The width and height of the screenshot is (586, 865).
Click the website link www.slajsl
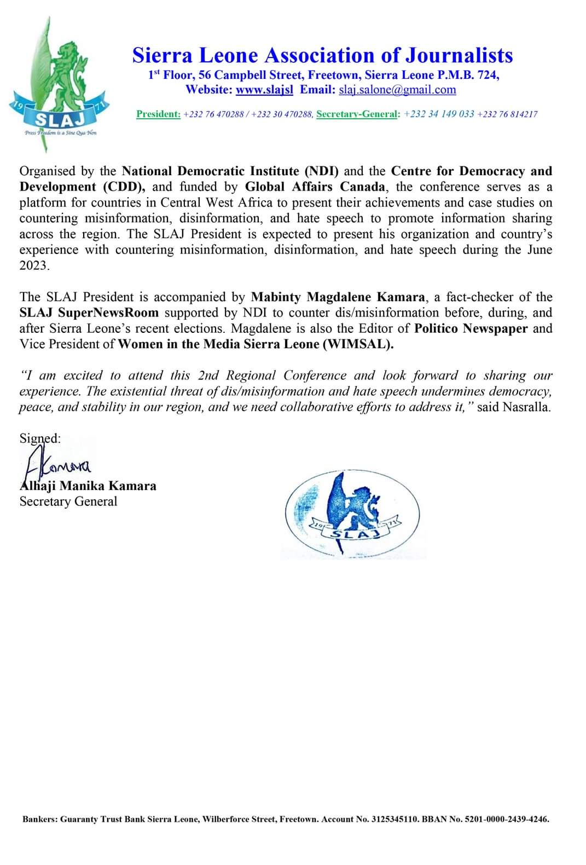pos(264,90)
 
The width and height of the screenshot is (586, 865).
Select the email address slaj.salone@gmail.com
pos(397,90)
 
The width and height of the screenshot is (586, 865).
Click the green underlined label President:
pos(158,114)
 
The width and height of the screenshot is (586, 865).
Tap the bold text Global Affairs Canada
pos(315,187)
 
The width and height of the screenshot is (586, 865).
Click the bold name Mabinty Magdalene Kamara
pos(338,297)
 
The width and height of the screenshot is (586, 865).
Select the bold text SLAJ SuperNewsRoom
pos(89,313)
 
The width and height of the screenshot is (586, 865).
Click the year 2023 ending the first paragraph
pos(34,266)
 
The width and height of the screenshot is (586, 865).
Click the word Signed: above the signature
pos(40,438)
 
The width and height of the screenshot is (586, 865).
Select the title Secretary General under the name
pos(68,501)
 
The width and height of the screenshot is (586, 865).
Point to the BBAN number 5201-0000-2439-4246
pos(506,820)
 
